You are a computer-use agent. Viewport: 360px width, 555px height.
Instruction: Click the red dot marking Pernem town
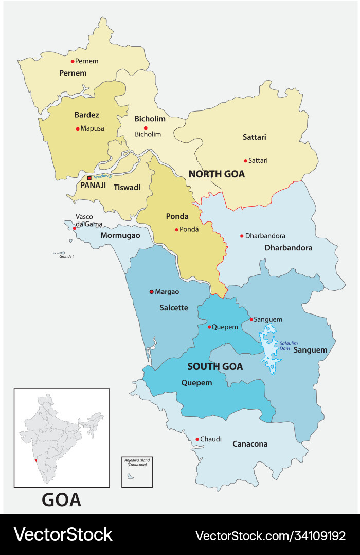(73, 61)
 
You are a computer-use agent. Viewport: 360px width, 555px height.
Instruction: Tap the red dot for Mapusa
(78, 128)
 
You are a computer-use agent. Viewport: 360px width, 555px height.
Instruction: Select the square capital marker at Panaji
(89, 178)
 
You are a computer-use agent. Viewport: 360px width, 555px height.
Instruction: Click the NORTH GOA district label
(217, 174)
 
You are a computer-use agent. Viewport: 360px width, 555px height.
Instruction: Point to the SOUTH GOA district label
(215, 366)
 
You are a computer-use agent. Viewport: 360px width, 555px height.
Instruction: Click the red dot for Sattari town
(245, 160)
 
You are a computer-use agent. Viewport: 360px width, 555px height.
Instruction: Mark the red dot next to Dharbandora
(242, 236)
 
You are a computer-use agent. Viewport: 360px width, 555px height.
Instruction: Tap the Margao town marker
(151, 292)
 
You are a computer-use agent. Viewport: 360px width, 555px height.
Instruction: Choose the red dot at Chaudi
(197, 439)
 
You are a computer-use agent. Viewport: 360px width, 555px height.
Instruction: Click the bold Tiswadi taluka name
(127, 187)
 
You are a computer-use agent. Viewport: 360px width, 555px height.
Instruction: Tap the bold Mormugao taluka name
(120, 235)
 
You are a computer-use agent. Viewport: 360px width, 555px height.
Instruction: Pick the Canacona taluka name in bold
(250, 443)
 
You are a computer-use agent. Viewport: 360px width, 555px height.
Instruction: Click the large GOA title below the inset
(61, 499)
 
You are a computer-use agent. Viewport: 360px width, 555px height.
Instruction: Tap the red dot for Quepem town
(209, 327)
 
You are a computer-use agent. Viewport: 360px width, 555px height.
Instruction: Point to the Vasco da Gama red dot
(75, 228)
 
